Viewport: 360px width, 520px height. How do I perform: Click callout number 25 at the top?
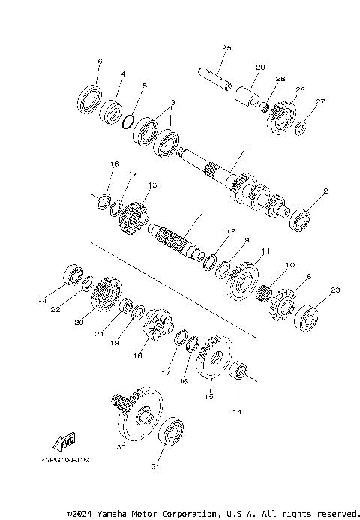(x=226, y=48)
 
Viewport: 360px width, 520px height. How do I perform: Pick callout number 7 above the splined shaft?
(x=200, y=214)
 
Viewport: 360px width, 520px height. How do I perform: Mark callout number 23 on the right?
(x=335, y=290)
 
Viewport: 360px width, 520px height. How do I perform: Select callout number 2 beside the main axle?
(x=325, y=191)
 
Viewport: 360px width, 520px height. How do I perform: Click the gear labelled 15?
(x=214, y=361)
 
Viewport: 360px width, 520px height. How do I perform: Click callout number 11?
(x=264, y=250)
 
